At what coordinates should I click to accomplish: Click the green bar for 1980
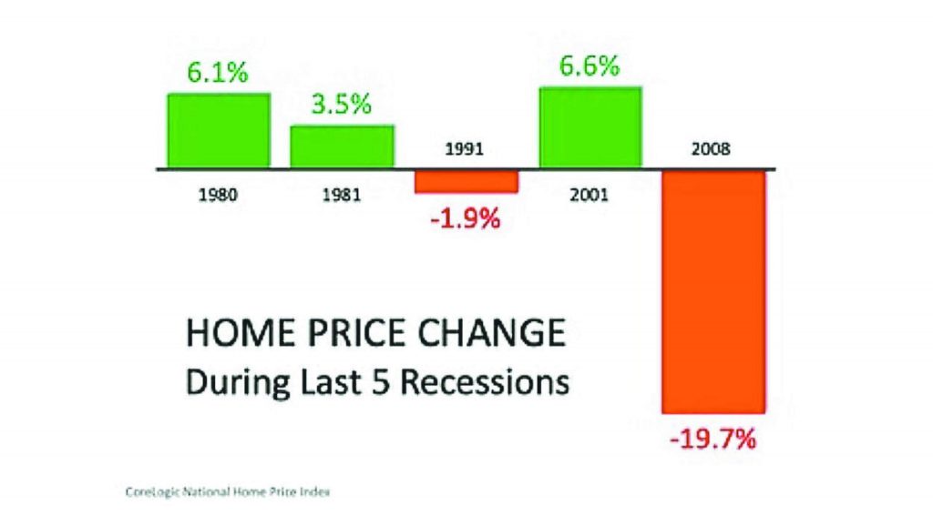pos(219,131)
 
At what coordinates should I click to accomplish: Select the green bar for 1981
pos(343,147)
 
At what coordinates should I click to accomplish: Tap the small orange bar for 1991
pos(466,182)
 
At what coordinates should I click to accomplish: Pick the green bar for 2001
pos(590,127)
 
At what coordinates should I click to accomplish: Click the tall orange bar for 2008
pos(713,292)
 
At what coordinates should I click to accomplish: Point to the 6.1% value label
pos(218,73)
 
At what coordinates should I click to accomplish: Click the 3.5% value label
pos(342,105)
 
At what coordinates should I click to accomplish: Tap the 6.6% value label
pos(590,66)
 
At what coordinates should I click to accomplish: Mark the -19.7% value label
pos(713,440)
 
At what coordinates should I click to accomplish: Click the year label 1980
pos(218,195)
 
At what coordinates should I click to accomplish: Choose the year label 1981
pos(342,195)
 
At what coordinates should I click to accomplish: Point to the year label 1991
pos(465,148)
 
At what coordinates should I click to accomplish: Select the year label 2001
pos(590,195)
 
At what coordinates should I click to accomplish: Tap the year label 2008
pos(711,148)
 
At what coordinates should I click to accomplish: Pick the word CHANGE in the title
pos(491,333)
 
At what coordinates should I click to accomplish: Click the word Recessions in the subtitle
pos(485,382)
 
